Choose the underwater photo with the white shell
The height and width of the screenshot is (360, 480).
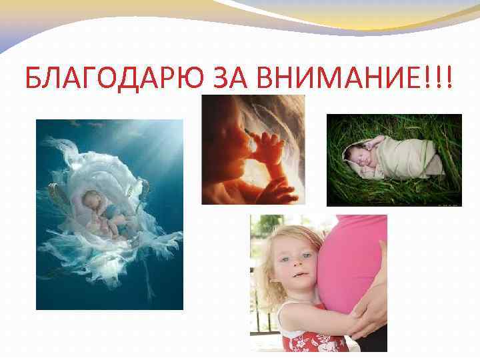click(109, 215)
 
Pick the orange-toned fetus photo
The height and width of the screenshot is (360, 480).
click(253, 149)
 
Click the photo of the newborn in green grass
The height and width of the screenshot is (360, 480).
click(393, 160)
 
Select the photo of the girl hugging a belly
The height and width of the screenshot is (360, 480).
click(318, 283)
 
